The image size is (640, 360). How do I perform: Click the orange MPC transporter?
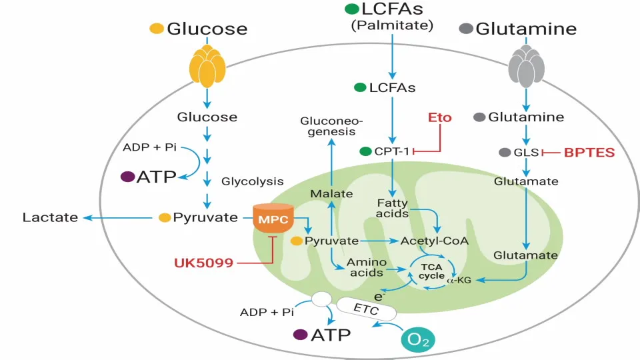click(273, 218)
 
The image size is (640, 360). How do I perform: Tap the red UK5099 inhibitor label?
click(203, 263)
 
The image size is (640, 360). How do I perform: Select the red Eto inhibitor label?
click(439, 117)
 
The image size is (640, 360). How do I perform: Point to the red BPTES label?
click(589, 152)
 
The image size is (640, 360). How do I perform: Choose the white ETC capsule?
click(367, 309)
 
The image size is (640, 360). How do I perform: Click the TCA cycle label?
click(431, 271)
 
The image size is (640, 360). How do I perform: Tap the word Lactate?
click(50, 217)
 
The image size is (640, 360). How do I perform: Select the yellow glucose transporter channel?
click(207, 67)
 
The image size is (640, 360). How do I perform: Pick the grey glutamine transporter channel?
click(527, 67)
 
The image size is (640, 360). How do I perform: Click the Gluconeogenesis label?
click(331, 126)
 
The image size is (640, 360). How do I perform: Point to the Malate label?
click(331, 193)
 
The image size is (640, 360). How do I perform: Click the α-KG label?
click(459, 281)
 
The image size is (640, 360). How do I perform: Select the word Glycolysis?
click(252, 181)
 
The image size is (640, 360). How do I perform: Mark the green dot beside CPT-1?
click(365, 151)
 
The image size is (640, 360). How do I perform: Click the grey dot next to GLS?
click(505, 152)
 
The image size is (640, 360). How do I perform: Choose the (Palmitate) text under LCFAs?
click(392, 26)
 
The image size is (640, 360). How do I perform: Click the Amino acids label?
click(365, 267)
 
